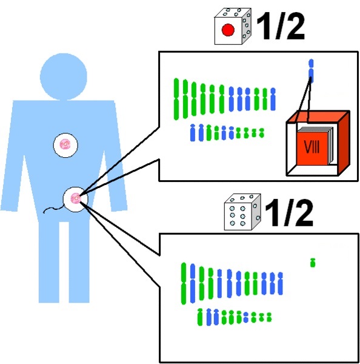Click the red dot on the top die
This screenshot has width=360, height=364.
(x=228, y=30)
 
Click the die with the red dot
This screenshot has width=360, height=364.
(x=233, y=27)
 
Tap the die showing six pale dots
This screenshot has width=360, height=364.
(x=242, y=212)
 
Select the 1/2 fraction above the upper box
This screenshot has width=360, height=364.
(x=280, y=26)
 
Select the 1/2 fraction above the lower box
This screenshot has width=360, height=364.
(x=288, y=212)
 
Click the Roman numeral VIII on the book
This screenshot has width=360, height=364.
(x=312, y=147)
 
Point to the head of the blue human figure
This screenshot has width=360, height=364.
(x=64, y=76)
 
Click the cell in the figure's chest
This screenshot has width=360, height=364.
(x=65, y=145)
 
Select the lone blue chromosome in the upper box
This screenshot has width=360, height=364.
(x=311, y=71)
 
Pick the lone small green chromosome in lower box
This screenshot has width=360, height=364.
(x=313, y=263)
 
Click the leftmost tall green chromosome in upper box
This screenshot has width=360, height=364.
(x=176, y=99)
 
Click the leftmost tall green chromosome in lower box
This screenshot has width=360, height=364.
(x=184, y=283)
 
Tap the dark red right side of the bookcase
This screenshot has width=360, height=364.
(x=344, y=143)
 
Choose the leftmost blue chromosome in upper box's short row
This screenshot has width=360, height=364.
(x=193, y=132)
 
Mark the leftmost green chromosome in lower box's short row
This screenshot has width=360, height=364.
(x=200, y=317)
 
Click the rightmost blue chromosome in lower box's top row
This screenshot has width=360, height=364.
(x=280, y=283)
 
